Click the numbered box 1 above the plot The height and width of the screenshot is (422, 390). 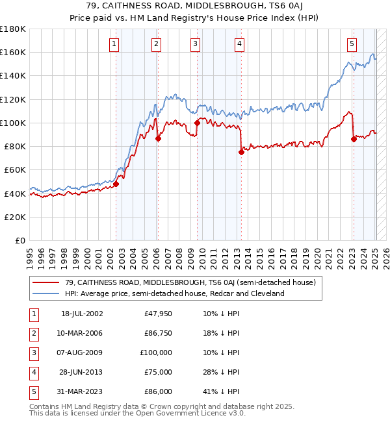coord(114,44)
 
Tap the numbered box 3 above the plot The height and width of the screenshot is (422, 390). coord(196,44)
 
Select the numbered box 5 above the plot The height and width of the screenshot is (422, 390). coord(352,44)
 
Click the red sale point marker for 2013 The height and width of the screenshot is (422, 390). coord(241,152)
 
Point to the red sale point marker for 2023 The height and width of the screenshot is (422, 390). coord(354,139)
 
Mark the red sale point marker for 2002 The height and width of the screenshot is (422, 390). coord(116,184)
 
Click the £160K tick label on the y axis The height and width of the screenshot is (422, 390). coord(13,52)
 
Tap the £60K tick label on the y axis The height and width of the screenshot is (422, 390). coord(16,169)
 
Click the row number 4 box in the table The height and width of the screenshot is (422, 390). coord(32,372)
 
